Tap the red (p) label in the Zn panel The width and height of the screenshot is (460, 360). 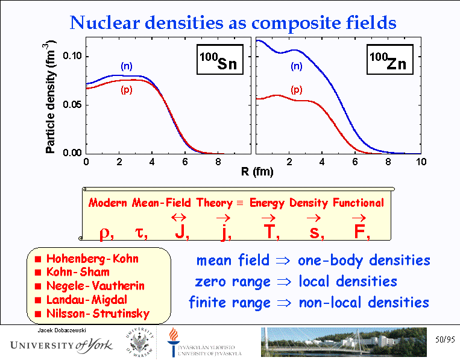coord(296,90)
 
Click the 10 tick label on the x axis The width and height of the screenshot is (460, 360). coord(421,163)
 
